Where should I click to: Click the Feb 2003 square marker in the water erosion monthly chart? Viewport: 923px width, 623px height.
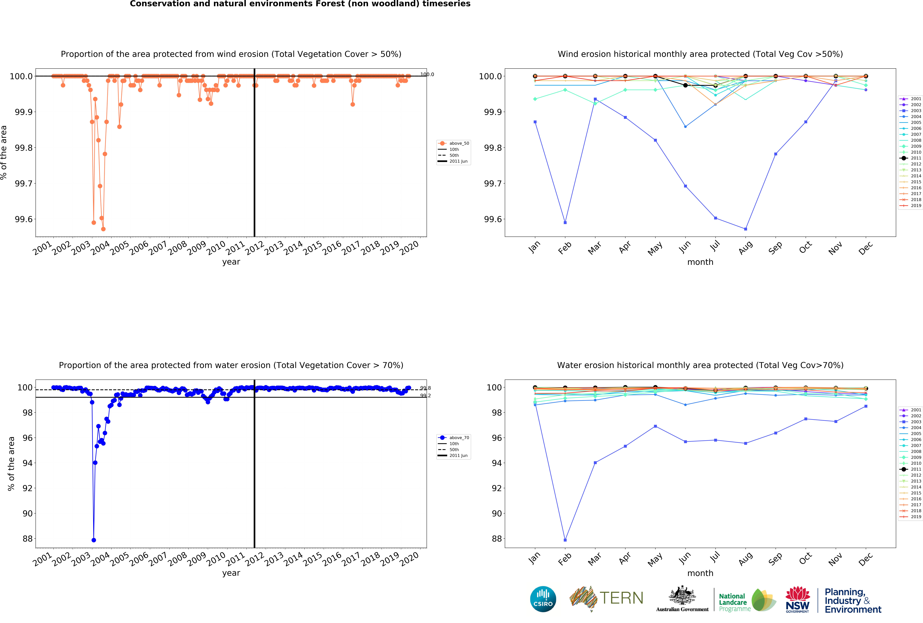565,540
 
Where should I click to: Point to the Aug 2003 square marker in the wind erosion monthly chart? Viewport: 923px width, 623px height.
745,229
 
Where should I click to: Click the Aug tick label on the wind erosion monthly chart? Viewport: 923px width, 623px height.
745,247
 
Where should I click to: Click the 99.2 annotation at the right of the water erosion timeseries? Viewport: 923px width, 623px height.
425,396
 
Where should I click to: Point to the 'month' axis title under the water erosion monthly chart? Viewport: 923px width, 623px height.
700,573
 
